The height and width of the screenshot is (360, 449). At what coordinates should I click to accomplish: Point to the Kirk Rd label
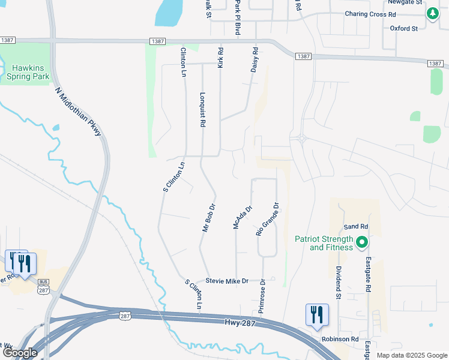[220, 58]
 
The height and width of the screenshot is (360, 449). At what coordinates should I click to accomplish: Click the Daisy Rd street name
[255, 61]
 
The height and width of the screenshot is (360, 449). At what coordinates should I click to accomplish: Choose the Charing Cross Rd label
[370, 14]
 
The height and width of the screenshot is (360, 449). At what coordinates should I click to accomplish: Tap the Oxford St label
[403, 28]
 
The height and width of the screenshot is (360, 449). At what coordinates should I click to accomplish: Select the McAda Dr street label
[243, 217]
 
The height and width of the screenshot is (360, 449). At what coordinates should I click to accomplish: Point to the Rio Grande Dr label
[268, 219]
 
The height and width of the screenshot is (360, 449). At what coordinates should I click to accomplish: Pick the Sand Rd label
[355, 227]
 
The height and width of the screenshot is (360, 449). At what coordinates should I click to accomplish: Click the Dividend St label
[339, 283]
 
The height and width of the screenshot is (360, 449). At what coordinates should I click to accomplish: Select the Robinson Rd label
[339, 339]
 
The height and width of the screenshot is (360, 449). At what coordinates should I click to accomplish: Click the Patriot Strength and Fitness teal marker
[361, 242]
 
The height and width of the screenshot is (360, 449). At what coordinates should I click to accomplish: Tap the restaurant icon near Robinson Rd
[317, 314]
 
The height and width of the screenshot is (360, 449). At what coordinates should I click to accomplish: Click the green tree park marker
[432, 13]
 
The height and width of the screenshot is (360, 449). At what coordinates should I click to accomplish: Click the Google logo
[20, 353]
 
